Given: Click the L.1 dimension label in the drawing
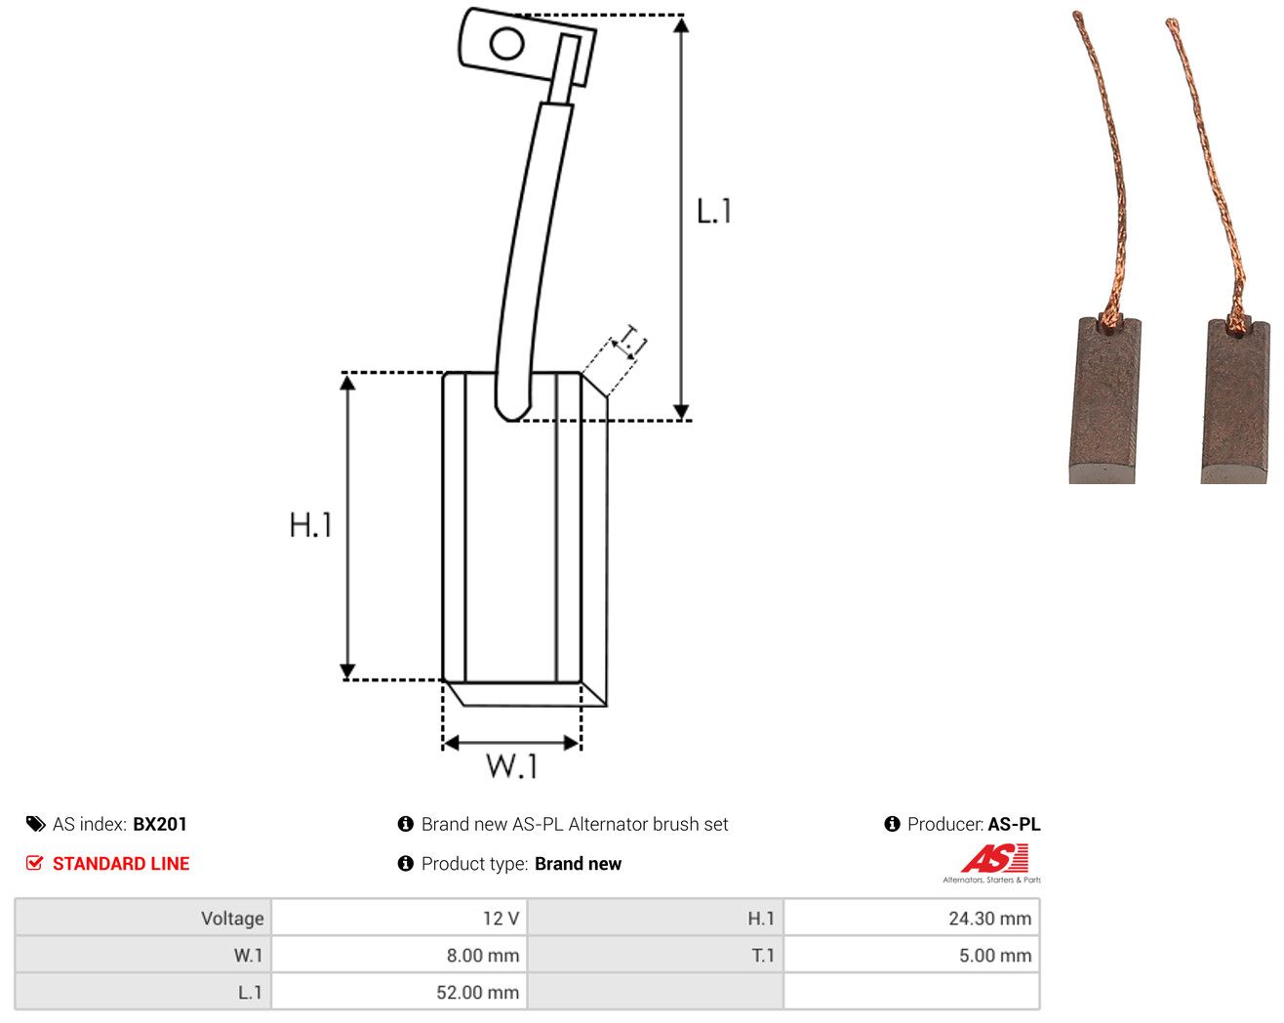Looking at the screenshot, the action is [713, 211].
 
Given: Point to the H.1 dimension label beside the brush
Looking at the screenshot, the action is [310, 525].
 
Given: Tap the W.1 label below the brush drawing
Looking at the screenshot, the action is [512, 766].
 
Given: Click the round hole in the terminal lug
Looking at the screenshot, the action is [506, 44].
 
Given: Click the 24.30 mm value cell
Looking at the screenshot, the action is [911, 918].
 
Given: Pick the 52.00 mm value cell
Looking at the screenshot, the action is [398, 992].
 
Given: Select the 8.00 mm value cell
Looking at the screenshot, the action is [398, 955].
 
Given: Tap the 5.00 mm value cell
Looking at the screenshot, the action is [911, 955].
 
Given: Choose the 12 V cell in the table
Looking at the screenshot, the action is [398, 918].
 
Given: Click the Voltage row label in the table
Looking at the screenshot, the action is [232, 918].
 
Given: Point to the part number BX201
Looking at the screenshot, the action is [159, 824].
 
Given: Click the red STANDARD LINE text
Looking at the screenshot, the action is [121, 864].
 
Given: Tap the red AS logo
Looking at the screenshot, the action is [994, 858].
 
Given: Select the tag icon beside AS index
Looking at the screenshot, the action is [36, 824].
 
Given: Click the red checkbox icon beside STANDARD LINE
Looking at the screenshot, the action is [34, 863].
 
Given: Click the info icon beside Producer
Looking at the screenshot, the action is [892, 824].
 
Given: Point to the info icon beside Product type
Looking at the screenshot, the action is [406, 864].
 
